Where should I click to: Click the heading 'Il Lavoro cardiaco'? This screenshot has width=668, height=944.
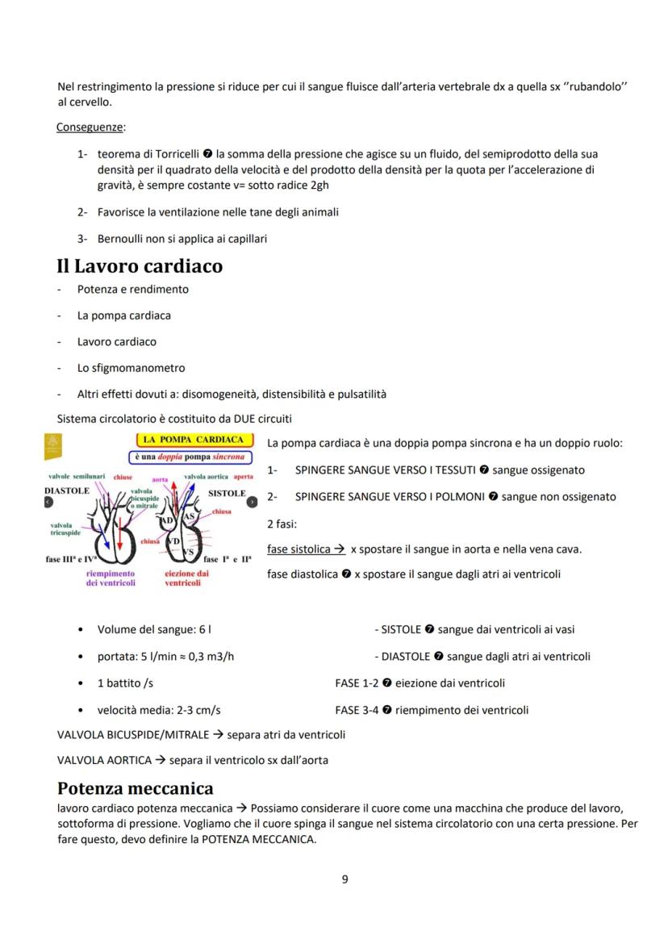(140, 265)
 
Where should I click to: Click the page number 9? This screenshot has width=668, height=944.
(345, 879)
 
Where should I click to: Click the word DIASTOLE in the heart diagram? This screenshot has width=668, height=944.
(67, 491)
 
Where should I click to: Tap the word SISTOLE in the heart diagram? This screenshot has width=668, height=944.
(227, 492)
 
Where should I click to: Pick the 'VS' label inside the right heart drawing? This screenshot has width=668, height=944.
(187, 551)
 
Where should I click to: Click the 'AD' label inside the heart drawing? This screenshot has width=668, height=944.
(172, 522)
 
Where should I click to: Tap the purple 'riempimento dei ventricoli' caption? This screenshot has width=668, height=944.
(110, 578)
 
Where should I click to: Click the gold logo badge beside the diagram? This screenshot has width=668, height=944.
(55, 445)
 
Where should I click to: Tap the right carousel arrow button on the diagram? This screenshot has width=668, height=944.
(252, 502)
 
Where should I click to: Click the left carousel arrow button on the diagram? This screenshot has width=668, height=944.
(49, 502)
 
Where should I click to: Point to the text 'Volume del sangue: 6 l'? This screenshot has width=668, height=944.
(149, 629)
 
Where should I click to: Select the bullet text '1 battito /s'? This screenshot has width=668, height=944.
(125, 683)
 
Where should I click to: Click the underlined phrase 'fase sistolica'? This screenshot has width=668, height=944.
(300, 549)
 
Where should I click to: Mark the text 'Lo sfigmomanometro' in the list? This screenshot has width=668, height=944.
(131, 368)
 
